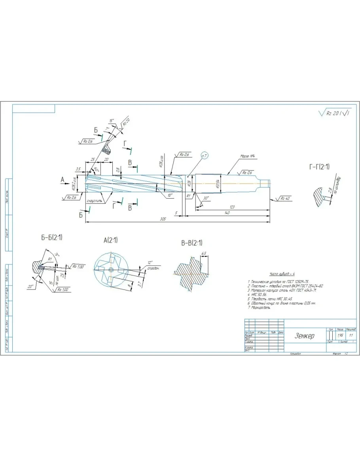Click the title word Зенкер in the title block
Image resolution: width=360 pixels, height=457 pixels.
[304, 336]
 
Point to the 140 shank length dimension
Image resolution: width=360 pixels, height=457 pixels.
[227, 213]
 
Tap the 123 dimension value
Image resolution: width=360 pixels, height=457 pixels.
[233, 207]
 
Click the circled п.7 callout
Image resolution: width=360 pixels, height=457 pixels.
[205, 157]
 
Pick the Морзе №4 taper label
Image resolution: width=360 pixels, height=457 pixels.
[247, 156]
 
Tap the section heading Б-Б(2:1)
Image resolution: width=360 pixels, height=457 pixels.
[52, 238]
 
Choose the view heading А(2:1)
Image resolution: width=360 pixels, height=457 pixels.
[110, 240]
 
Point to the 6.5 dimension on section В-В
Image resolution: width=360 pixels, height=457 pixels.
[204, 253]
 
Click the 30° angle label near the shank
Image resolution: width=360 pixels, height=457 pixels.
[206, 198]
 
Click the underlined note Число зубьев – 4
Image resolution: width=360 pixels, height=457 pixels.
[282, 273]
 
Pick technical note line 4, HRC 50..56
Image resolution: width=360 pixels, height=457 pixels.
[258, 294]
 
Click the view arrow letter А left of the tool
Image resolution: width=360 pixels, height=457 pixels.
[62, 180]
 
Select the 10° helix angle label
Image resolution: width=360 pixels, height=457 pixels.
[170, 195]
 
